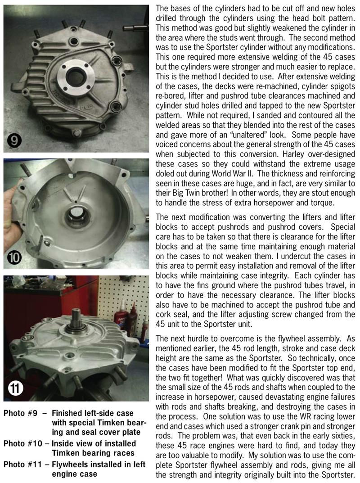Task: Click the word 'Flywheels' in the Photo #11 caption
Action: click(x=72, y=464)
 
